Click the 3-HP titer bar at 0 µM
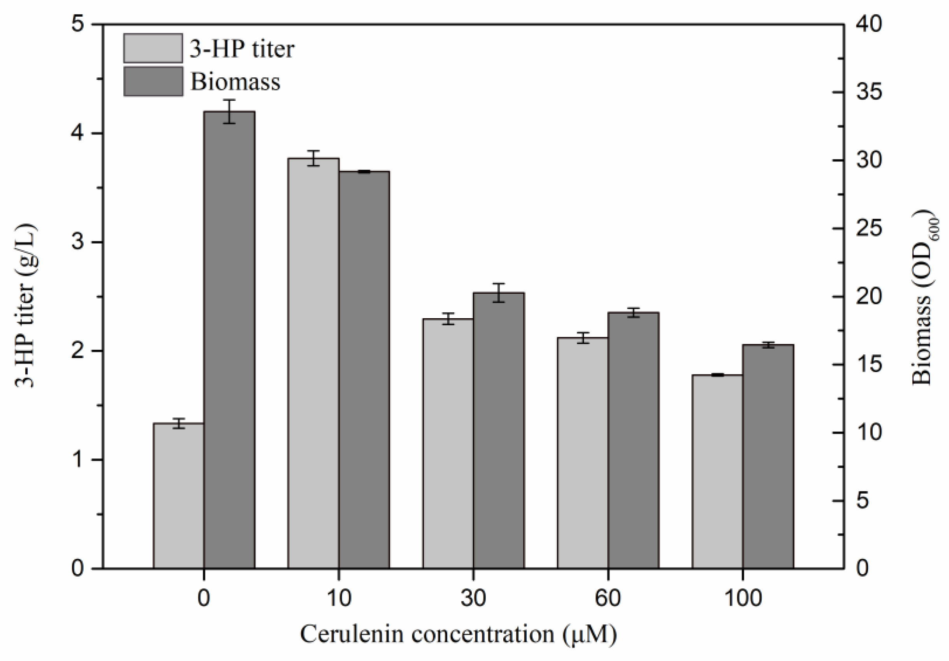pos(179,496)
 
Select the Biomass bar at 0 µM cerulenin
pos(229,339)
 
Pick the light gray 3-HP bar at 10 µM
pos(313,363)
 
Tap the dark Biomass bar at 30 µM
pos(499,430)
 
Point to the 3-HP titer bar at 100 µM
pos(717,471)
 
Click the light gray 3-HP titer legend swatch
pos(153,48)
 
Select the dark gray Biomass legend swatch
pos(153,81)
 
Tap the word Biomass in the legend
pos(235,82)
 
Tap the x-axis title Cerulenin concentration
pos(458,634)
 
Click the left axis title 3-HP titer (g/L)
pos(26,306)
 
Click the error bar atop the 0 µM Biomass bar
pos(229,111)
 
